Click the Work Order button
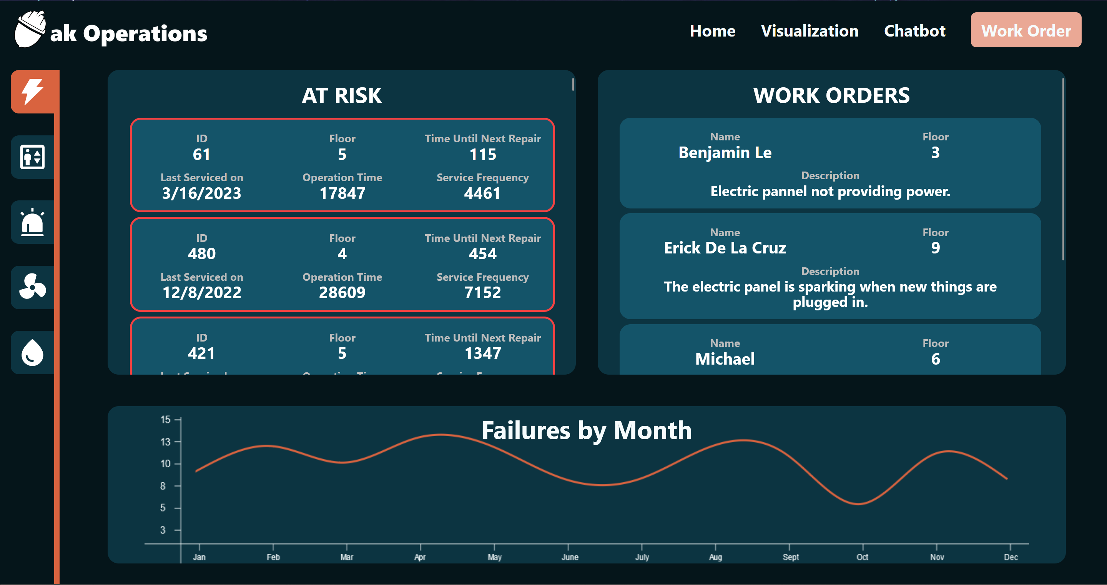(1026, 30)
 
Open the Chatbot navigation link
(914, 31)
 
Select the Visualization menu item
(809, 31)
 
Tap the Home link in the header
(712, 31)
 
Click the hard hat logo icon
(30, 29)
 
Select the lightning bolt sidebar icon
(33, 92)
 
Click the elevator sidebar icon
(33, 157)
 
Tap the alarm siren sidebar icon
(33, 222)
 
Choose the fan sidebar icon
(33, 287)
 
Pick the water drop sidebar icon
(33, 353)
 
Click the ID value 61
(201, 154)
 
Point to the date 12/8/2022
(201, 292)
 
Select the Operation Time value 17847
(342, 193)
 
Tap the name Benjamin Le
(725, 152)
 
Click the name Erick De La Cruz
(725, 248)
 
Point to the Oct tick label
(862, 557)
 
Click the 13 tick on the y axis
(165, 442)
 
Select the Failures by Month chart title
(586, 430)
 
